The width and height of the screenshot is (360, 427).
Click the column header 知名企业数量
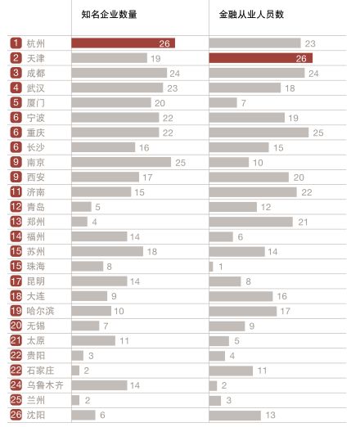tap(109, 15)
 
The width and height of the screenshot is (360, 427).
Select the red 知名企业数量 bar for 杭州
tap(123, 43)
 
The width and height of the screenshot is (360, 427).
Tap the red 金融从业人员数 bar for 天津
tap(261, 58)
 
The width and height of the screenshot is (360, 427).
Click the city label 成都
tap(36, 73)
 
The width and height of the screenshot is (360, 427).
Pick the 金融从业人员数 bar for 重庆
tap(259, 133)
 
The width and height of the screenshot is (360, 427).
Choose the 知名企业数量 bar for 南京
tap(121, 162)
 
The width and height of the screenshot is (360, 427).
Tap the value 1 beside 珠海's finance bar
tap(219, 266)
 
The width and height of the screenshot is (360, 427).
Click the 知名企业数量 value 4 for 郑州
tap(95, 222)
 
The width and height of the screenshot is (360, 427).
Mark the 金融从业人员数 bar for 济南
tap(253, 191)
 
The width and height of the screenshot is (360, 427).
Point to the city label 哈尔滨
tap(40, 311)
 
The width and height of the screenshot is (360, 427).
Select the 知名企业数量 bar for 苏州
tap(107, 251)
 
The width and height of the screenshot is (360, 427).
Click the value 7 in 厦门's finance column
tap(244, 103)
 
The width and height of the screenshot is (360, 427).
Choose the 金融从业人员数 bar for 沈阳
tap(235, 415)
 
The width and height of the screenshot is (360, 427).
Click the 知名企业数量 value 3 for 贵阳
tap(91, 355)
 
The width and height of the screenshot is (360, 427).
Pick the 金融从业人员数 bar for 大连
tap(241, 296)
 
